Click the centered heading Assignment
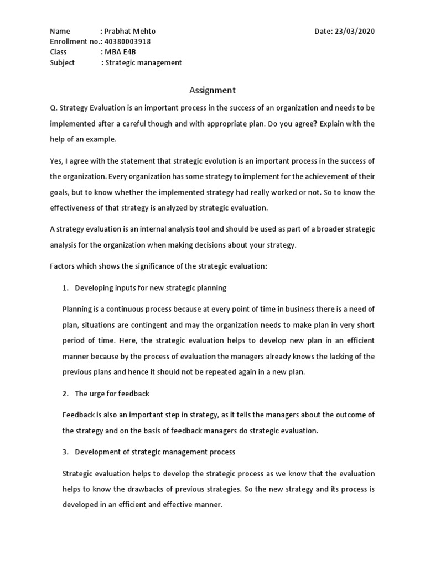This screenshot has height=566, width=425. (212, 90)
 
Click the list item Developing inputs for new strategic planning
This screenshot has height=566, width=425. (151, 288)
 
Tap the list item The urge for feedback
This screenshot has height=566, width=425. (112, 394)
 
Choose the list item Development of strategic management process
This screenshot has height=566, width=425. (155, 452)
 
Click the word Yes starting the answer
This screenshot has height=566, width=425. (56, 161)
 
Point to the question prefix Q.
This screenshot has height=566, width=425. (53, 107)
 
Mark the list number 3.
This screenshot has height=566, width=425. (64, 452)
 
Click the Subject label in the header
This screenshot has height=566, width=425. (63, 62)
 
